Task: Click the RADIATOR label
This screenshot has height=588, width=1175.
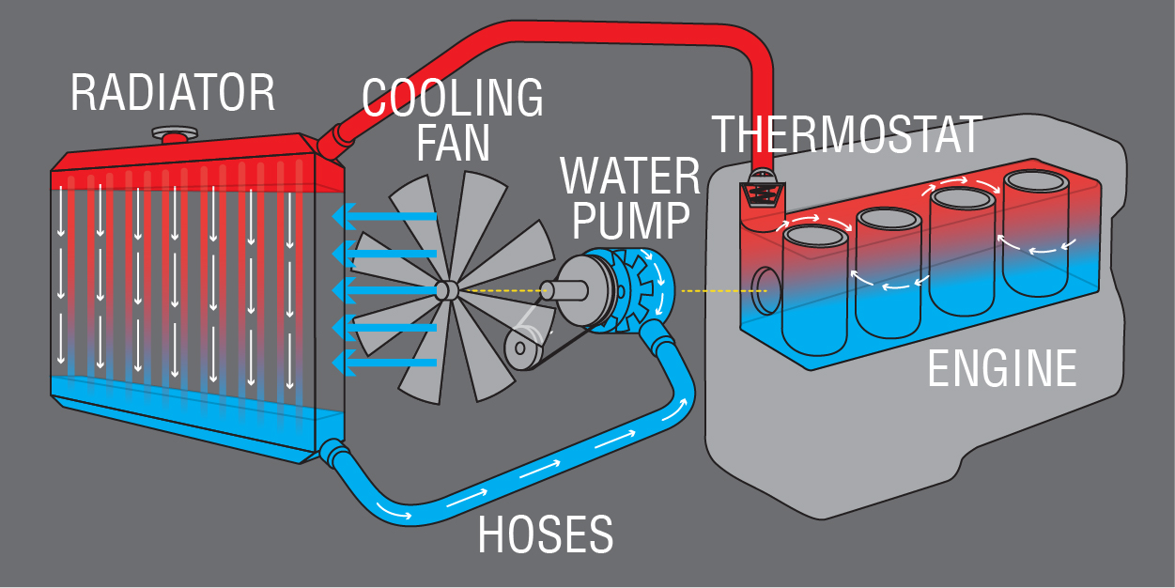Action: pos(173,93)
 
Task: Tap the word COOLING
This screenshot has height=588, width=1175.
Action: pos(453,97)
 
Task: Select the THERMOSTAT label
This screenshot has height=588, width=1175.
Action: pos(846,134)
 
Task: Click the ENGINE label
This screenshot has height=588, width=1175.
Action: pos(1001,368)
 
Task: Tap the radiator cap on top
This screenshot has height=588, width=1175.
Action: pos(174,134)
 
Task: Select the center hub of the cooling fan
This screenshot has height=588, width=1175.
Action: pos(447,290)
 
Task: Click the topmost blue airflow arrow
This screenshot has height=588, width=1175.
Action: pos(384,217)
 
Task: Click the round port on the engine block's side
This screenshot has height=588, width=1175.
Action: pos(765,288)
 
